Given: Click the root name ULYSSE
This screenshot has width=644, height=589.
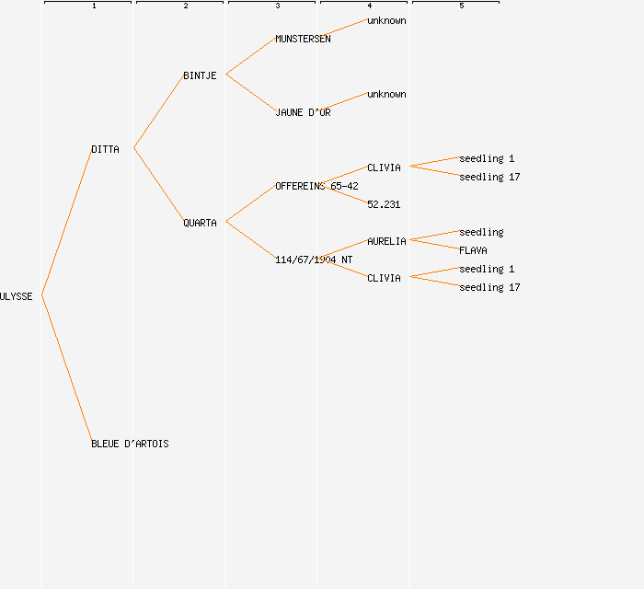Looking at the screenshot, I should [17, 296].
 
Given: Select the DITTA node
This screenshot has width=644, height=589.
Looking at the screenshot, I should [105, 149].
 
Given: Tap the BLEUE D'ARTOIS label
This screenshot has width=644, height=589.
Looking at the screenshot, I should [130, 444].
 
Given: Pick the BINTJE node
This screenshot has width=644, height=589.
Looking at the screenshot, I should [200, 75].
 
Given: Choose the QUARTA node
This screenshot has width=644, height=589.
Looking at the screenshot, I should [200, 223].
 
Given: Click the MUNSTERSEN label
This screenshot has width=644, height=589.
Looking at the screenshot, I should [303, 39].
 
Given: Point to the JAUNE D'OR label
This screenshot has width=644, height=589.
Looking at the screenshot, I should [303, 112].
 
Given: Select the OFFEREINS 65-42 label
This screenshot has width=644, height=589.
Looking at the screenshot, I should [316, 186].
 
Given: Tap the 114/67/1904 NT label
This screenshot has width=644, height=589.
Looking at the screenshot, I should [314, 260].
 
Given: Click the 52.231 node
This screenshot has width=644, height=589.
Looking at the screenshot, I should [384, 204].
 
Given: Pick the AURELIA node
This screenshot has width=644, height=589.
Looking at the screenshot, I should [386, 241].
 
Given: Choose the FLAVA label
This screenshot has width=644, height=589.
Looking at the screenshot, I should [473, 250].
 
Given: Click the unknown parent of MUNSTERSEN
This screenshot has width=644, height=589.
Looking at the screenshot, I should [386, 20].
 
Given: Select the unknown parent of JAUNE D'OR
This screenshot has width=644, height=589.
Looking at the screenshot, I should [386, 94].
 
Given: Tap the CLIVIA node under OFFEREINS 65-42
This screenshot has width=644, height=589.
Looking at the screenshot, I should [384, 167].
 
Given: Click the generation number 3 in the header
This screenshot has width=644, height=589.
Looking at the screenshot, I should [278, 6].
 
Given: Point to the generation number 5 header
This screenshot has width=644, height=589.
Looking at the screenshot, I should [462, 6].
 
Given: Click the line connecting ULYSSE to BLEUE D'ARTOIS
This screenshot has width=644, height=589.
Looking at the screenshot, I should [66, 369].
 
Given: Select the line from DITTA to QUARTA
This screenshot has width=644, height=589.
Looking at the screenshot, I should [158, 185].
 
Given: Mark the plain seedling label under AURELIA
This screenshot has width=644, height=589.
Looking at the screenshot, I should [481, 232].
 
